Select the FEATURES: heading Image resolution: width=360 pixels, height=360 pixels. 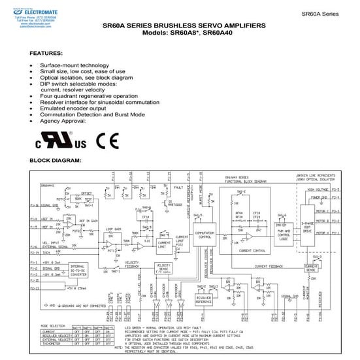pos(47,52)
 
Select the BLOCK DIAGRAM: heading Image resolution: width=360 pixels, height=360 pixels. pos(56,160)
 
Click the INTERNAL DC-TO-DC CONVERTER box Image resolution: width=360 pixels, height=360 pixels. pos(78,269)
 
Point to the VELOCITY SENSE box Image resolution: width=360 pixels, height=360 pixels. pos(165,268)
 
